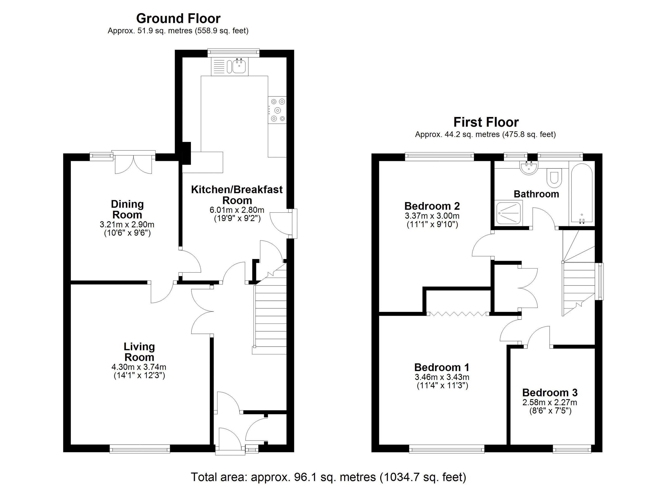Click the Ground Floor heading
click(x=178, y=19)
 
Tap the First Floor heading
click(x=486, y=122)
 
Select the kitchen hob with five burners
click(x=277, y=110)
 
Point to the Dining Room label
click(x=127, y=209)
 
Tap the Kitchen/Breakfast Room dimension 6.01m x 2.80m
click(x=237, y=210)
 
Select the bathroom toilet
click(x=554, y=178)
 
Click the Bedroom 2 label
click(x=432, y=206)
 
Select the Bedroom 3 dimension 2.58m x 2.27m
click(x=550, y=402)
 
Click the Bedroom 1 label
click(x=442, y=367)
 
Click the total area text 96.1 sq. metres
click(x=328, y=476)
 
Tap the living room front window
click(x=140, y=449)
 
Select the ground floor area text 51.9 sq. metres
click(x=178, y=31)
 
